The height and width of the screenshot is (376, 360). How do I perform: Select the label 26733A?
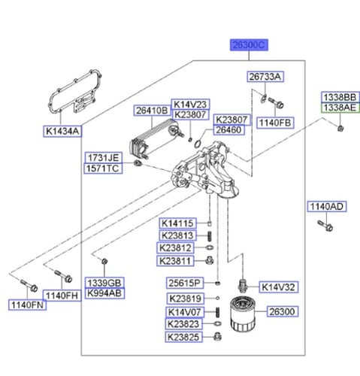(265, 77)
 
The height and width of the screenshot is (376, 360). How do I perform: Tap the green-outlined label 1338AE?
(340, 108)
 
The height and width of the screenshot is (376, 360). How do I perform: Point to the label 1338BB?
(340, 97)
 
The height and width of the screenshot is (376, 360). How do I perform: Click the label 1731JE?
(103, 157)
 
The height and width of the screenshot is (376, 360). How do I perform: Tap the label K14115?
(177, 223)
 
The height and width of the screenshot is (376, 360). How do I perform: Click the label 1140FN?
(26, 305)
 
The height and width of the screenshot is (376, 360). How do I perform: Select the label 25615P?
(186, 283)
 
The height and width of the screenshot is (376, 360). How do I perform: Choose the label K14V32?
(279, 287)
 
